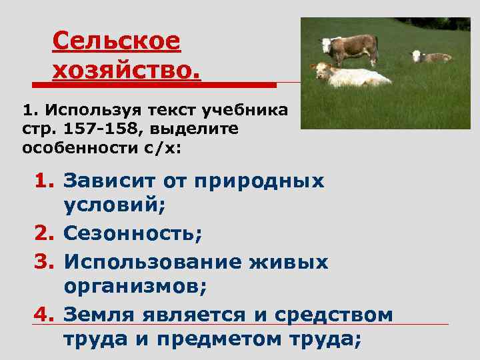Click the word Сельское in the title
tap(116, 41)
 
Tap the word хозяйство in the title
tap(126, 69)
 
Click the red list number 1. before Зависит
tap(45, 181)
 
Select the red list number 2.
tap(45, 234)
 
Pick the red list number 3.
tap(45, 261)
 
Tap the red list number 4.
tap(45, 313)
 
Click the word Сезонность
tap(132, 234)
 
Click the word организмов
tap(134, 287)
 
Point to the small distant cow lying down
tap(430, 57)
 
